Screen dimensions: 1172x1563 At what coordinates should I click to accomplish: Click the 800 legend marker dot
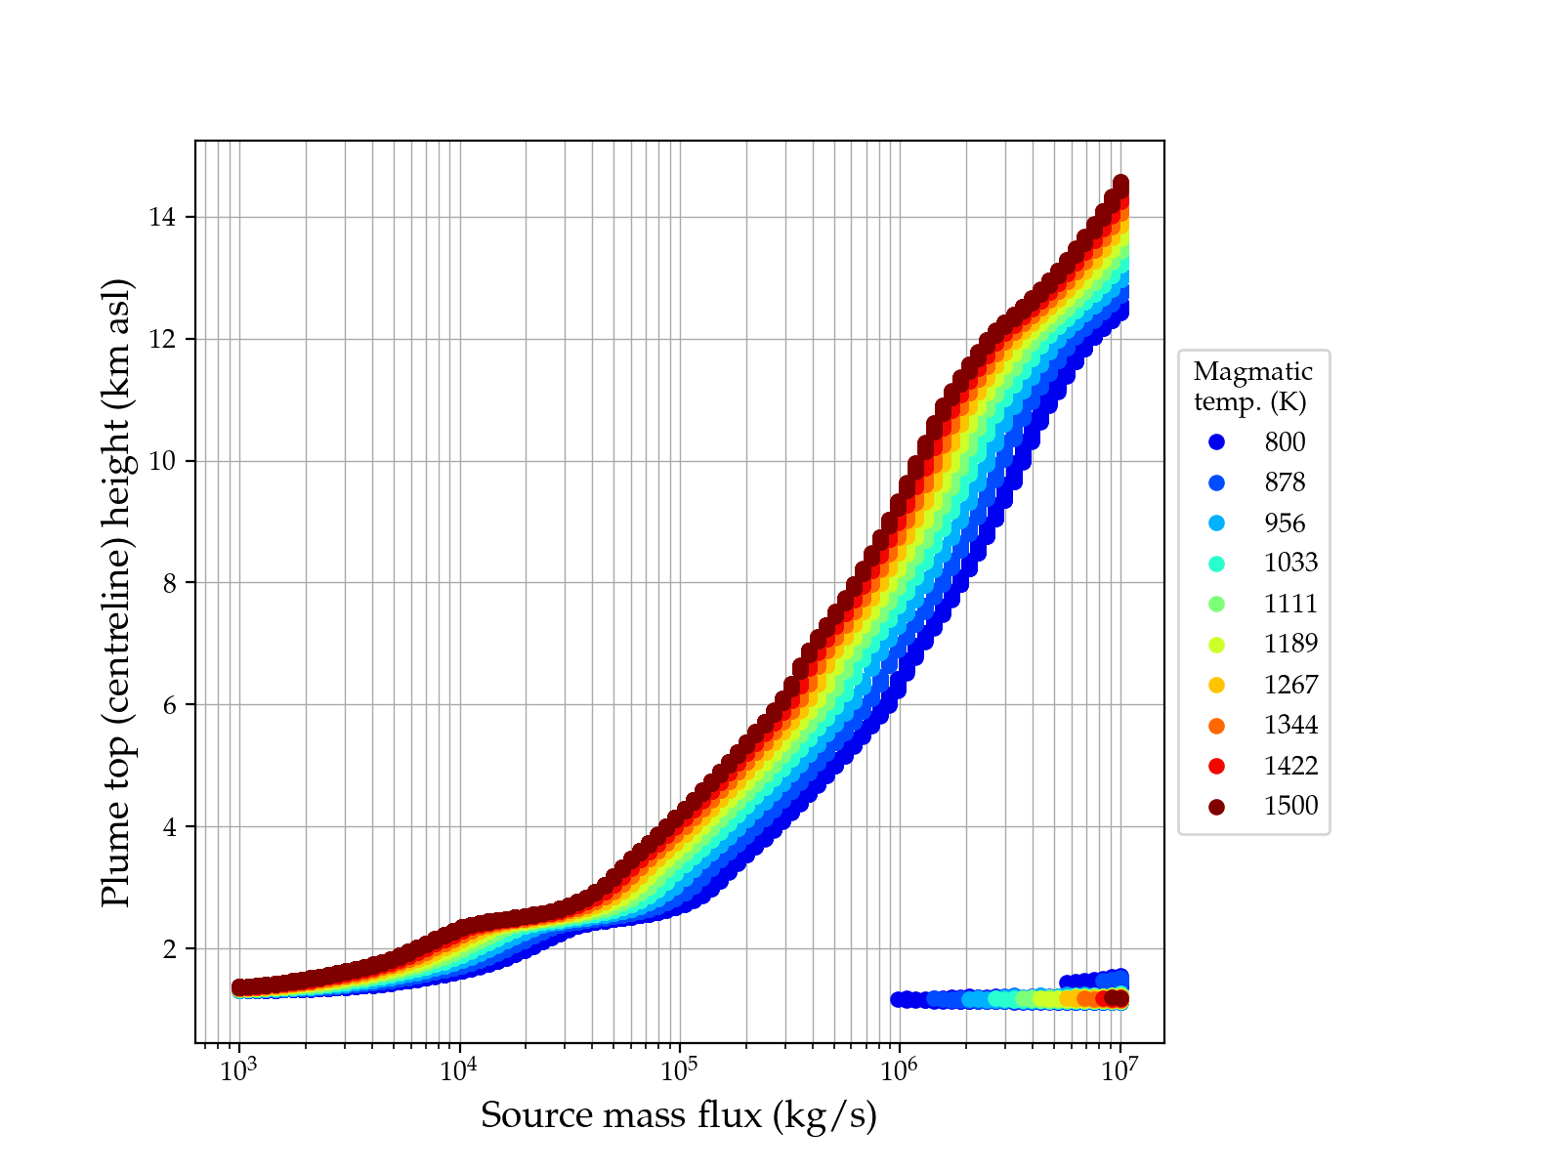click(1216, 442)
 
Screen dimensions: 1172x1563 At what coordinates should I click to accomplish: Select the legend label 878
click(1285, 482)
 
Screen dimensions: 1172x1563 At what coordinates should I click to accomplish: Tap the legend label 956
click(1285, 523)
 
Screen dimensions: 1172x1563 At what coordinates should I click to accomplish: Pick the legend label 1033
click(1290, 564)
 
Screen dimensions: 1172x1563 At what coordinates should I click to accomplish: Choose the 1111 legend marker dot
click(1216, 605)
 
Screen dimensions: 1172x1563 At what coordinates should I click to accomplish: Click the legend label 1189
click(1290, 645)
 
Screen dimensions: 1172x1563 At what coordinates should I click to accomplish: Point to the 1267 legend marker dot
click(1216, 686)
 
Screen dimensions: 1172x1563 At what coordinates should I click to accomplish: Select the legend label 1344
click(1290, 726)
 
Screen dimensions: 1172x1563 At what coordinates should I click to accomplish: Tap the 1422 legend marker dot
click(1216, 767)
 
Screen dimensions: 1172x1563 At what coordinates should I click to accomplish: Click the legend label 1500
click(1290, 807)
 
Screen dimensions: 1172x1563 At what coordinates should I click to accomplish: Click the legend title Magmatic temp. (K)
click(1252, 387)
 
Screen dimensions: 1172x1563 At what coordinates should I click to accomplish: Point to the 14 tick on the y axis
click(162, 217)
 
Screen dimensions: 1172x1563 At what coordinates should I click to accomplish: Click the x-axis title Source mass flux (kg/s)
click(679, 1115)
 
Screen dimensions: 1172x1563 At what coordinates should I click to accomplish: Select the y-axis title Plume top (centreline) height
click(116, 593)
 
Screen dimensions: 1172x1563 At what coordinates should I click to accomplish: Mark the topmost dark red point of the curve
click(1121, 184)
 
